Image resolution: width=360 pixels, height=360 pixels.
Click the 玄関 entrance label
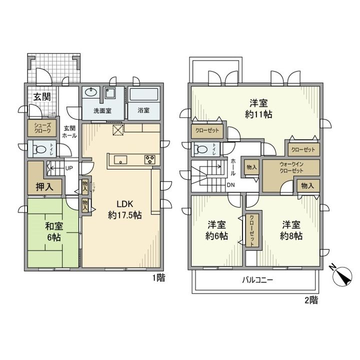click(x=41, y=97)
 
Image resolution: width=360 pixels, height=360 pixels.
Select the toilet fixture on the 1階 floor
click(x=38, y=148)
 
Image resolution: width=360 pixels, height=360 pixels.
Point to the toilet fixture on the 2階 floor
click(x=200, y=148)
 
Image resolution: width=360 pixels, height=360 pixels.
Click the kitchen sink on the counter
click(x=120, y=160)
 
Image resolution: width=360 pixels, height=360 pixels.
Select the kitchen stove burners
click(x=149, y=160)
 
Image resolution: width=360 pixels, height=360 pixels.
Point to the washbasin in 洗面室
click(x=90, y=92)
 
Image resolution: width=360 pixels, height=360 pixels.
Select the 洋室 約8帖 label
click(x=291, y=230)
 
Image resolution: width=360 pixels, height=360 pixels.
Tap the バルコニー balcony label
click(x=257, y=280)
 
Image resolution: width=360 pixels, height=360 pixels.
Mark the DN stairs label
click(x=231, y=185)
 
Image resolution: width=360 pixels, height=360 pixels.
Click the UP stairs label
click(x=69, y=168)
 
